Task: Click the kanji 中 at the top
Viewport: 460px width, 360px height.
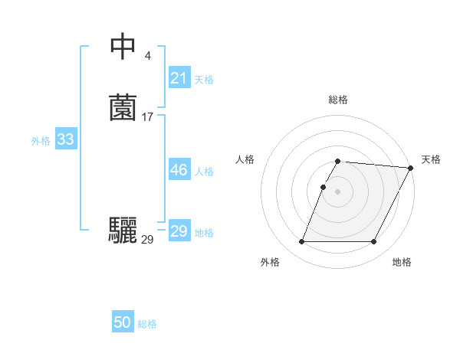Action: [123, 47]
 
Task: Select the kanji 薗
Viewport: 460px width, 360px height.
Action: [123, 108]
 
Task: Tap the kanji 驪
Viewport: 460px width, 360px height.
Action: [123, 231]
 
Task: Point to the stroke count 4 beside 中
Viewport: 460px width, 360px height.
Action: [147, 56]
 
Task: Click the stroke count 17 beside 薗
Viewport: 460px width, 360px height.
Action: [147, 117]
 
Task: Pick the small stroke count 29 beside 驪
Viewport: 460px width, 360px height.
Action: [147, 240]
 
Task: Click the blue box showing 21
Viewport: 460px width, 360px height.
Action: [179, 77]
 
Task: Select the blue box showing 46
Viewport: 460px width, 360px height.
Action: [179, 170]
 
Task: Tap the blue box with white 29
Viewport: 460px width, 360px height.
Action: [179, 231]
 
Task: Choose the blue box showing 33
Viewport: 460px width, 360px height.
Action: [65, 139]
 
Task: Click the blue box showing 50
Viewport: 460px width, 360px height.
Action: [123, 322]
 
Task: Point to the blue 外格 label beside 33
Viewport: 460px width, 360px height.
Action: [41, 140]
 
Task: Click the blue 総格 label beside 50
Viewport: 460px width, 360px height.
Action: [147, 324]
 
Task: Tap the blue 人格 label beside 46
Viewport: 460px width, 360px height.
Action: [204, 172]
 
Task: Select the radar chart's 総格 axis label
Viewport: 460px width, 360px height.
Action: [337, 100]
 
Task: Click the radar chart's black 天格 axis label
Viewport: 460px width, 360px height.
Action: [431, 159]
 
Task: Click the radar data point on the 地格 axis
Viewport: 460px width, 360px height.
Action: [374, 242]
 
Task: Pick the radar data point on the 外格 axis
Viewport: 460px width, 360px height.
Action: [301, 242]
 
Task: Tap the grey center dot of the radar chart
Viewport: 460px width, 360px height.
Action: [337, 191]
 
